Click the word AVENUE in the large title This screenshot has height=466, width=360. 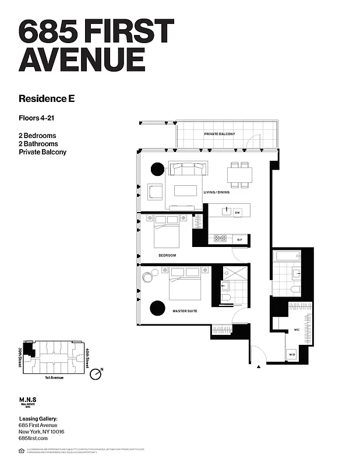(82, 59)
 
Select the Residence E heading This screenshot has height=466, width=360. (47, 98)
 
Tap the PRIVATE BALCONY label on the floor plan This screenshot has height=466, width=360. (219, 135)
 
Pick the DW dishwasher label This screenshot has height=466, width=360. (237, 213)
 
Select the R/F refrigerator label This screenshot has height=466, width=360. (239, 239)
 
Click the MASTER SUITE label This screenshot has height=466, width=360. (185, 311)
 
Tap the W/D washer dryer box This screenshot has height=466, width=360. (291, 355)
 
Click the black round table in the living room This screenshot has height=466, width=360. (158, 169)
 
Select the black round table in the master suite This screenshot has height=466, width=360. (157, 308)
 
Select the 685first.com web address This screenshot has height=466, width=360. (34, 437)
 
